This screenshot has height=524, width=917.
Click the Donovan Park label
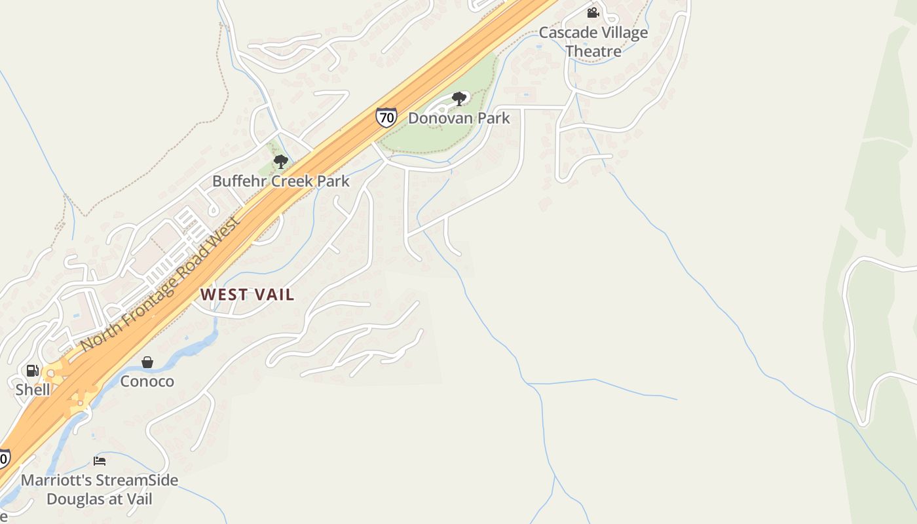[x=458, y=119]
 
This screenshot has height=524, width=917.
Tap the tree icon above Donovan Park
[x=459, y=99]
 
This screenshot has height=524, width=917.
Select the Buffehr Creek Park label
[x=281, y=181]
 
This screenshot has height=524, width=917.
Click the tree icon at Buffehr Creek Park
[x=281, y=161]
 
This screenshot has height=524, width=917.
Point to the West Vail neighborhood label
[x=248, y=295]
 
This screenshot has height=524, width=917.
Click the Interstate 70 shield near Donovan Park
[x=386, y=117]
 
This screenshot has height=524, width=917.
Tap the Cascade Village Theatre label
[x=593, y=41]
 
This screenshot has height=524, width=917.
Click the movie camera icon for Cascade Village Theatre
[x=593, y=12]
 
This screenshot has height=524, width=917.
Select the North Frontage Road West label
[x=161, y=284]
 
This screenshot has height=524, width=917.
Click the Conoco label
[x=147, y=381]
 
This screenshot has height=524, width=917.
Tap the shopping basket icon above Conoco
[x=147, y=362]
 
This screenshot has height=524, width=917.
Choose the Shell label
[x=33, y=390]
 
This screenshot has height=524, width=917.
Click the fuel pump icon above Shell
[x=32, y=371]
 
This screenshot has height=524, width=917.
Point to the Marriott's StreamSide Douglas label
[x=100, y=489]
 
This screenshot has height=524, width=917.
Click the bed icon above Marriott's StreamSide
[x=100, y=461]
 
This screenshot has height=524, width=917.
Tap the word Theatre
[x=593, y=51]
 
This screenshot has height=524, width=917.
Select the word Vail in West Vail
[x=273, y=295]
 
